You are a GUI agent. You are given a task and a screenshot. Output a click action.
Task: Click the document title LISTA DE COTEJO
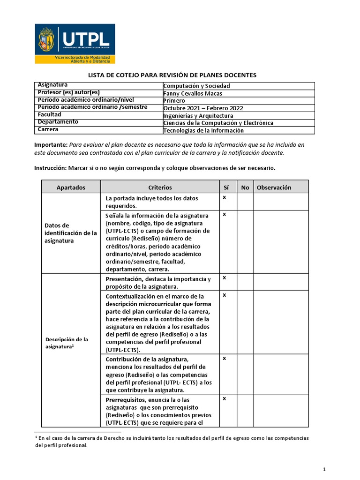coord(172,75)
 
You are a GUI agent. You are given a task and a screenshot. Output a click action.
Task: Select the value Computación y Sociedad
coord(196,86)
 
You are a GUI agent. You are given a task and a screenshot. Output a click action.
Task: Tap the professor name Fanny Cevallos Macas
coord(193,93)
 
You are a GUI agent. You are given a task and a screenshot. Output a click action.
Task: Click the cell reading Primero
coord(174,100)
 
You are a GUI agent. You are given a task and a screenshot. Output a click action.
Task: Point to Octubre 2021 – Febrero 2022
coord(203,108)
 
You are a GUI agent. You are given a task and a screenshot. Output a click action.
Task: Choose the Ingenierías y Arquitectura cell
coord(198,115)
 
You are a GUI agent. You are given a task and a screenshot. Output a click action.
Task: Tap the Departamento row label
coord(58,122)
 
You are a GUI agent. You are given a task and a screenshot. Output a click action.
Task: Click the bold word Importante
coord(51,145)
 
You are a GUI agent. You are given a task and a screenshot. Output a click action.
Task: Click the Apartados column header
coord(71,187)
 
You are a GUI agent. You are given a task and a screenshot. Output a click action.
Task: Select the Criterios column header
coord(160,187)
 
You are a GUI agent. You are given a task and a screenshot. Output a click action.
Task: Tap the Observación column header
coord(274,187)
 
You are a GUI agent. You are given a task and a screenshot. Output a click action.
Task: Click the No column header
coord(245,187)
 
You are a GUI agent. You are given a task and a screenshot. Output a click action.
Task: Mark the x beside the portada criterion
coord(224,197)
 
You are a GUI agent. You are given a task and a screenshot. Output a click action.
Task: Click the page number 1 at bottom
coord(324,469)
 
